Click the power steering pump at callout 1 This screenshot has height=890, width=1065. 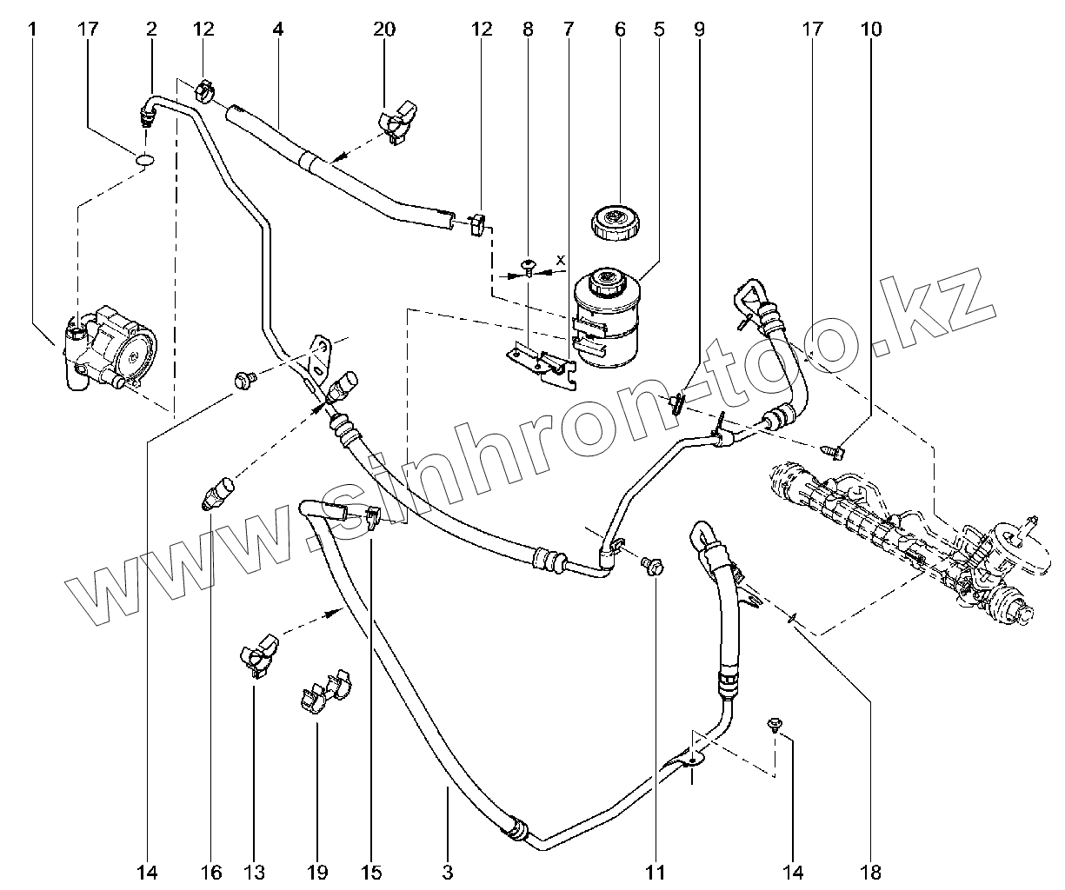110,349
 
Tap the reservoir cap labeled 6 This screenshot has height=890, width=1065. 616,222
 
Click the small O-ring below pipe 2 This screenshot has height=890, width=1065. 145,159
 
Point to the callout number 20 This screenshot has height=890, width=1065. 383,29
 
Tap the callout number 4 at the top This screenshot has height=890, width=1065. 277,29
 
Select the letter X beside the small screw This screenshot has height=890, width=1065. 560,260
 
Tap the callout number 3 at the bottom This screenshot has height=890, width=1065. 448,873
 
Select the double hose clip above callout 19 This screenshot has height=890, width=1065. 325,690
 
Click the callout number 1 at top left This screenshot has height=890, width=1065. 32,29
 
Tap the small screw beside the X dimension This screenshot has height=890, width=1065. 529,269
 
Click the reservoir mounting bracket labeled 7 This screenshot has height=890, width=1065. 542,364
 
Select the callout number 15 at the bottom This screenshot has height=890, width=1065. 371,873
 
